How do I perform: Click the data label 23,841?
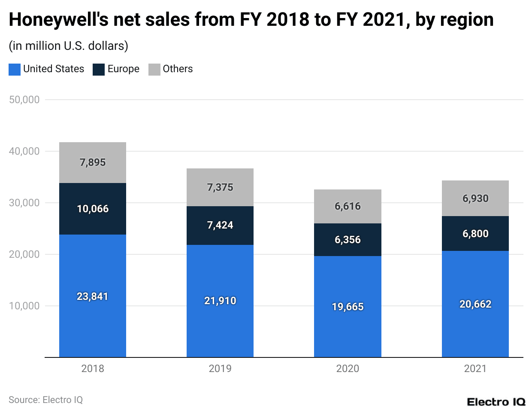coord(92,296)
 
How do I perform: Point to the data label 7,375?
coord(220,187)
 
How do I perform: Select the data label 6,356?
coord(348,240)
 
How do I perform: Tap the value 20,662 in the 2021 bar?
coord(475,304)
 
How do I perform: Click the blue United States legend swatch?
coord(15,69)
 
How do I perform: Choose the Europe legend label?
coord(123,69)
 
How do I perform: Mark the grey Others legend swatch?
coord(154,69)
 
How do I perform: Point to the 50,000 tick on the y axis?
coord(24,100)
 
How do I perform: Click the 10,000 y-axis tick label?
coord(24,306)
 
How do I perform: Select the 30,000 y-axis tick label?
coord(24,203)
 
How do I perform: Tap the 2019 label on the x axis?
coord(220,369)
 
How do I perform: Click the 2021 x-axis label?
coord(475,369)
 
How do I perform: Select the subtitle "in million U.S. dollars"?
coord(68,46)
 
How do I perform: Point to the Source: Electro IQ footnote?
coord(45,400)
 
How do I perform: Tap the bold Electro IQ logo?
coord(496,402)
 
